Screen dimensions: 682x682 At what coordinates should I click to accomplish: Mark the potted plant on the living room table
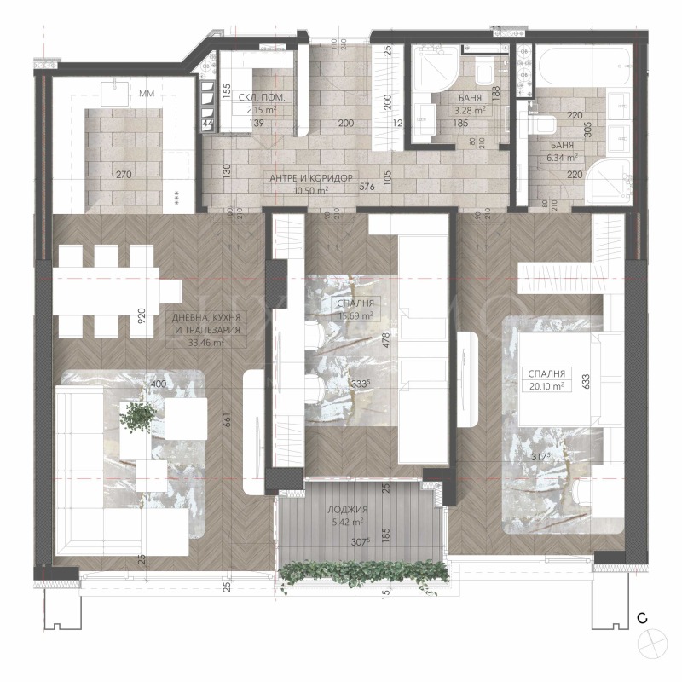click(137, 417)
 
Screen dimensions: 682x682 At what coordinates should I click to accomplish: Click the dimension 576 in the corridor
click(367, 186)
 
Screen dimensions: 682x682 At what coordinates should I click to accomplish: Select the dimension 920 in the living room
click(143, 318)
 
